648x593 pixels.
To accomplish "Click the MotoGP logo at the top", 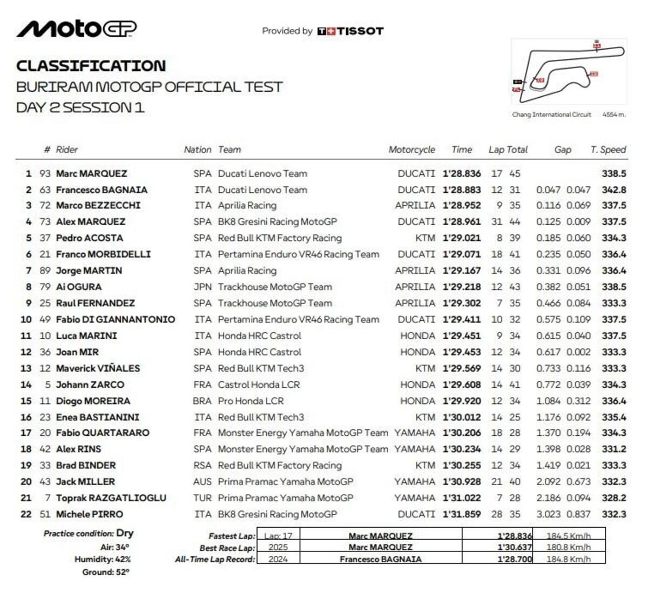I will pos(77,29).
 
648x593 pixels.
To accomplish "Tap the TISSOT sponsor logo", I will pos(350,31).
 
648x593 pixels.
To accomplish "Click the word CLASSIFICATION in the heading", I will pos(91,66).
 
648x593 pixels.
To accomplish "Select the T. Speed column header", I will pos(608,150).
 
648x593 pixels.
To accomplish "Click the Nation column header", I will pos(197,150).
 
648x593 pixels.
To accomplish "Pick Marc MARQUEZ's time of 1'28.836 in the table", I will pos(461,173).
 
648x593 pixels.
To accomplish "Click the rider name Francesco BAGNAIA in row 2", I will pos(102,190).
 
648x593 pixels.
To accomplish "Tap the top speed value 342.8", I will pos(614,190).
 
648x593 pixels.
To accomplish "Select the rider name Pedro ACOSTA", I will pos(90,238).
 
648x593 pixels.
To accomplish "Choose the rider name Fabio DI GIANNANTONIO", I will pos(116,319).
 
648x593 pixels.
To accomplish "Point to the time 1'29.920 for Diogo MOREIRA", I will pos(461,401).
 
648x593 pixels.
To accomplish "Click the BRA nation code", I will pos(202,401).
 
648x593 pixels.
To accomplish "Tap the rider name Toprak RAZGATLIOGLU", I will pos(111,498).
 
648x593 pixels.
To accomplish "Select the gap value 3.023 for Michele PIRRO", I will pos(548,514).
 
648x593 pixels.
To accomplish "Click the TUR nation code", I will pos(202,498).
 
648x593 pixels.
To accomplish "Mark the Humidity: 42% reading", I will pos(103,560).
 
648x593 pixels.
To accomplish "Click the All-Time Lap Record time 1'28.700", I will pos(515,560).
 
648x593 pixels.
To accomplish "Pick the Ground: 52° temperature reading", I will pos(106,572).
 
